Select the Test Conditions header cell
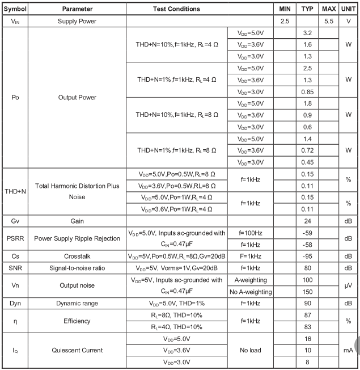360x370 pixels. click(176, 9)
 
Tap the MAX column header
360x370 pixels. click(329, 9)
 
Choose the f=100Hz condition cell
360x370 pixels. click(250, 232)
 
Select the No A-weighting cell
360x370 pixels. click(250, 292)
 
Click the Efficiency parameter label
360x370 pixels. click(77, 321)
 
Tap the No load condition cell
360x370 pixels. click(250, 350)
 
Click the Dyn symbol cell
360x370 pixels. click(15, 304)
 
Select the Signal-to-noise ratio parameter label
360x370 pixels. click(77, 268)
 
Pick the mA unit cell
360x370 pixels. click(348, 350)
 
